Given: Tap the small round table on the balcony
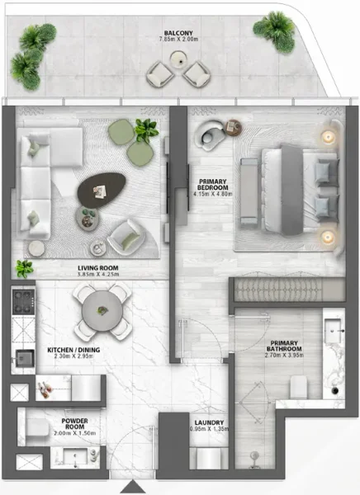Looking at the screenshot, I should pos(177,59).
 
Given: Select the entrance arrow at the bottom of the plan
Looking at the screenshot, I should pos(135,488).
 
